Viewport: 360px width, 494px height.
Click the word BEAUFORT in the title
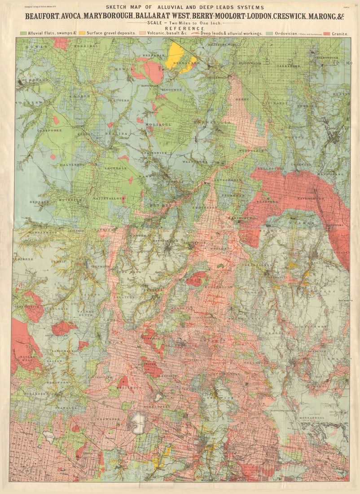[x=42, y=16]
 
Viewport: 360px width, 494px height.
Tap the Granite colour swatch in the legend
[x=326, y=33]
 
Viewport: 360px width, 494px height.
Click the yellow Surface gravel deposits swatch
[x=83, y=33]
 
